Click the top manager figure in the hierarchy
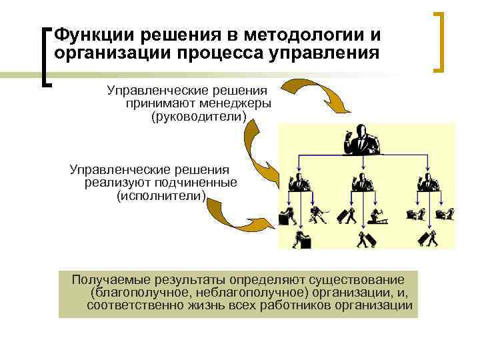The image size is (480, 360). coord(361,139)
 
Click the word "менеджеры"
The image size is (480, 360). coord(237,104)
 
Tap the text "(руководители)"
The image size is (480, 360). coord(199,117)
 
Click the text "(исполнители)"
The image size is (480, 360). coord(162,197)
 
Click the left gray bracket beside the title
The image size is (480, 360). coord(46,56)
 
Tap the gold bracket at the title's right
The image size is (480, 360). coord(441,41)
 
